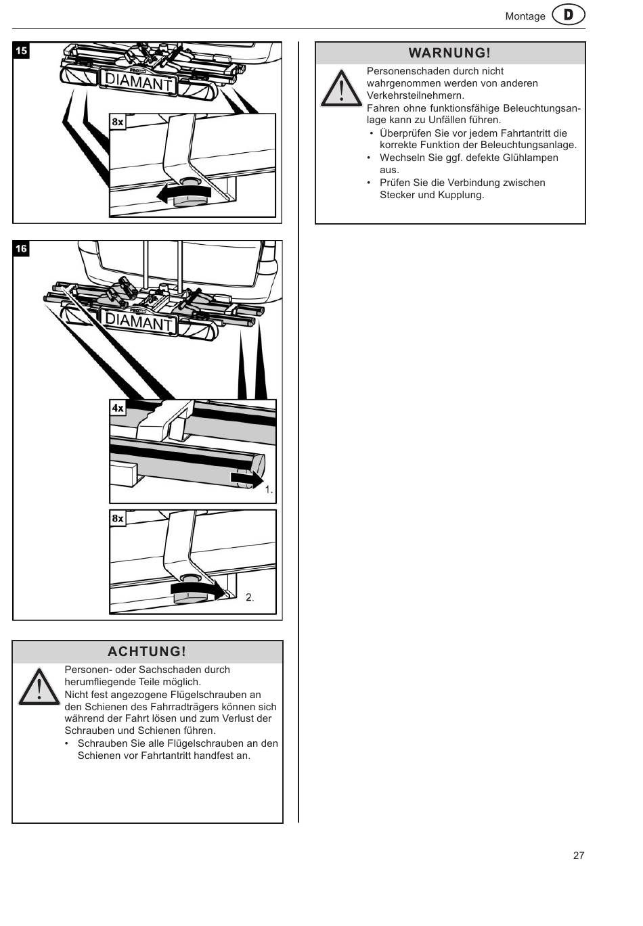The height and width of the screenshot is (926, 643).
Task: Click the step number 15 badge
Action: [22, 51]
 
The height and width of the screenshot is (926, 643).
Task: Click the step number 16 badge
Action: [22, 249]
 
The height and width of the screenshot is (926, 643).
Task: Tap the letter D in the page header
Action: [569, 16]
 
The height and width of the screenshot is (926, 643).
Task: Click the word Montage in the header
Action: [525, 16]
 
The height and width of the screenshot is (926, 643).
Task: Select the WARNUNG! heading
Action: [449, 53]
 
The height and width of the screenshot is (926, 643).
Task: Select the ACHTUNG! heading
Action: [147, 651]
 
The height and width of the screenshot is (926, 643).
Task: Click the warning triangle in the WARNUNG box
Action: [341, 89]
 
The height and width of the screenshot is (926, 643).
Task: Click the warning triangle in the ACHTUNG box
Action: [39, 687]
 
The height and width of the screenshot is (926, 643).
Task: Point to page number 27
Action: [579, 855]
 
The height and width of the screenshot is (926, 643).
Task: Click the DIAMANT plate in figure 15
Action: [138, 83]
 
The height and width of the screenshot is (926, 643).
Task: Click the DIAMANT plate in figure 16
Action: [139, 321]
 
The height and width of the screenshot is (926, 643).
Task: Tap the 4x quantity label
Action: [118, 408]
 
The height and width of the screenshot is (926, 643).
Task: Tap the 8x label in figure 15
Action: [118, 122]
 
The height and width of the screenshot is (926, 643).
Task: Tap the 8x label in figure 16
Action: [118, 518]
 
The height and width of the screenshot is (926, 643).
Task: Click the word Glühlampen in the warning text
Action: [530, 158]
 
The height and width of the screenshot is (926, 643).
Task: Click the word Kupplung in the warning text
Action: [462, 195]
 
